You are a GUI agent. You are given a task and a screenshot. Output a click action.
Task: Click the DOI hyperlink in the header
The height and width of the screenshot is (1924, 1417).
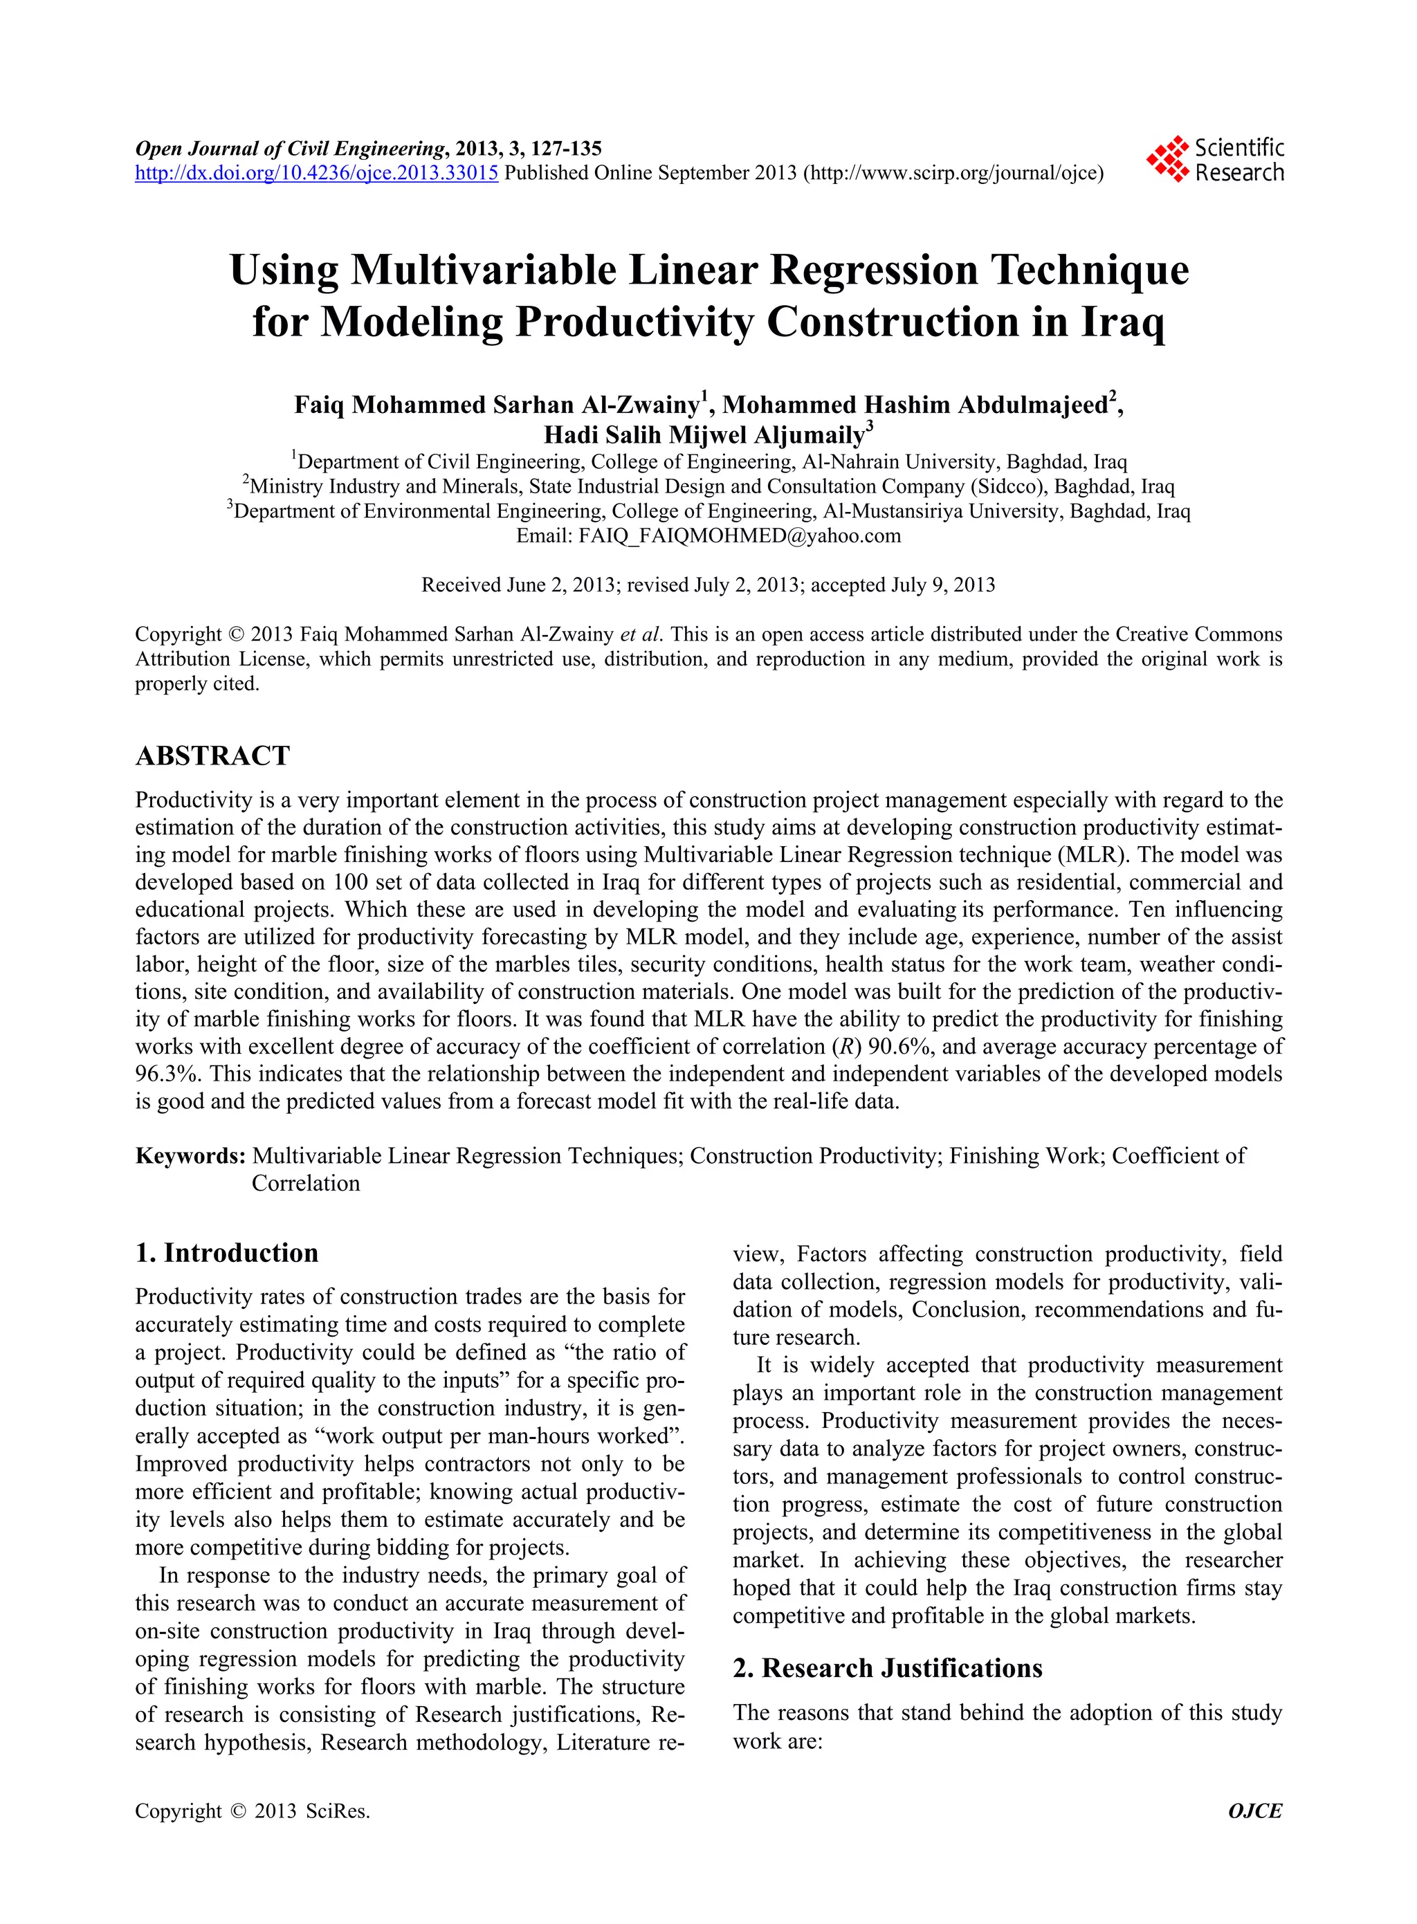(316, 173)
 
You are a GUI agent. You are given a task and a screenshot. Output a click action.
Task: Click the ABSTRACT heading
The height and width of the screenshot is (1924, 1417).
(212, 755)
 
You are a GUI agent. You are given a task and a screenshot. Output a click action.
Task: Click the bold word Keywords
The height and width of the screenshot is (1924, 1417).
(190, 1156)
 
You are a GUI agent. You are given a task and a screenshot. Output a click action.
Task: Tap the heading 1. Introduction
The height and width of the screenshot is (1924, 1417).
(226, 1253)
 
